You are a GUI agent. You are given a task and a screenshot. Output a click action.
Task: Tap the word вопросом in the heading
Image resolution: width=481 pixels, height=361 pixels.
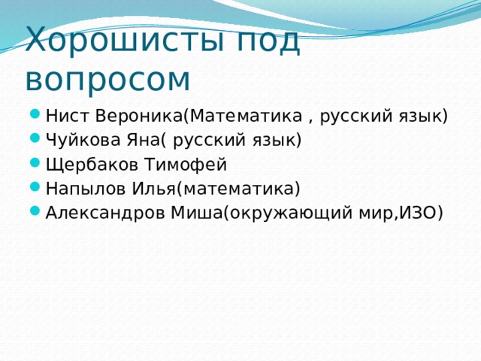tap(107, 77)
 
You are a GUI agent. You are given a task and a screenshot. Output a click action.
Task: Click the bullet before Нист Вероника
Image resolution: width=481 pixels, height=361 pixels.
tap(36, 117)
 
